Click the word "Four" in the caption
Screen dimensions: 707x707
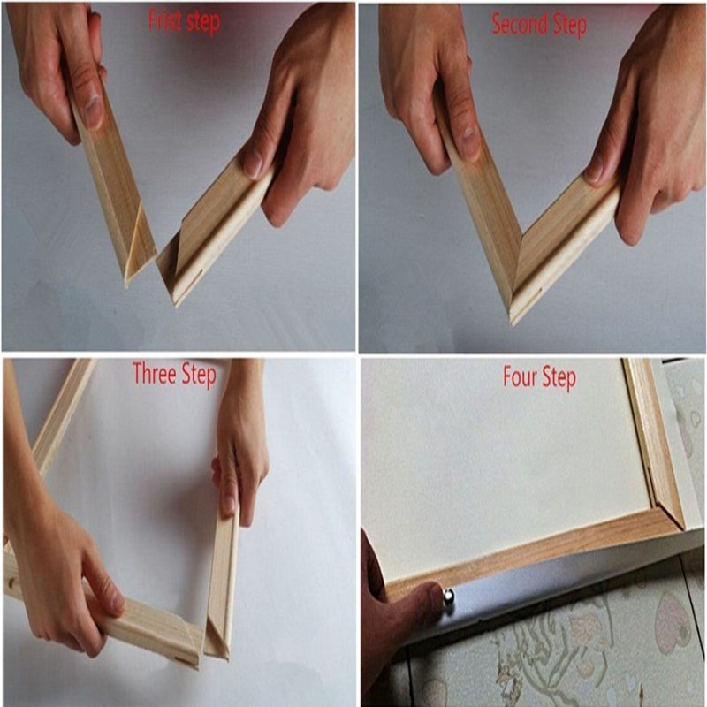pyautogui.click(x=520, y=377)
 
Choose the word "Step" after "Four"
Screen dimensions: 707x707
pyautogui.click(x=559, y=378)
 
